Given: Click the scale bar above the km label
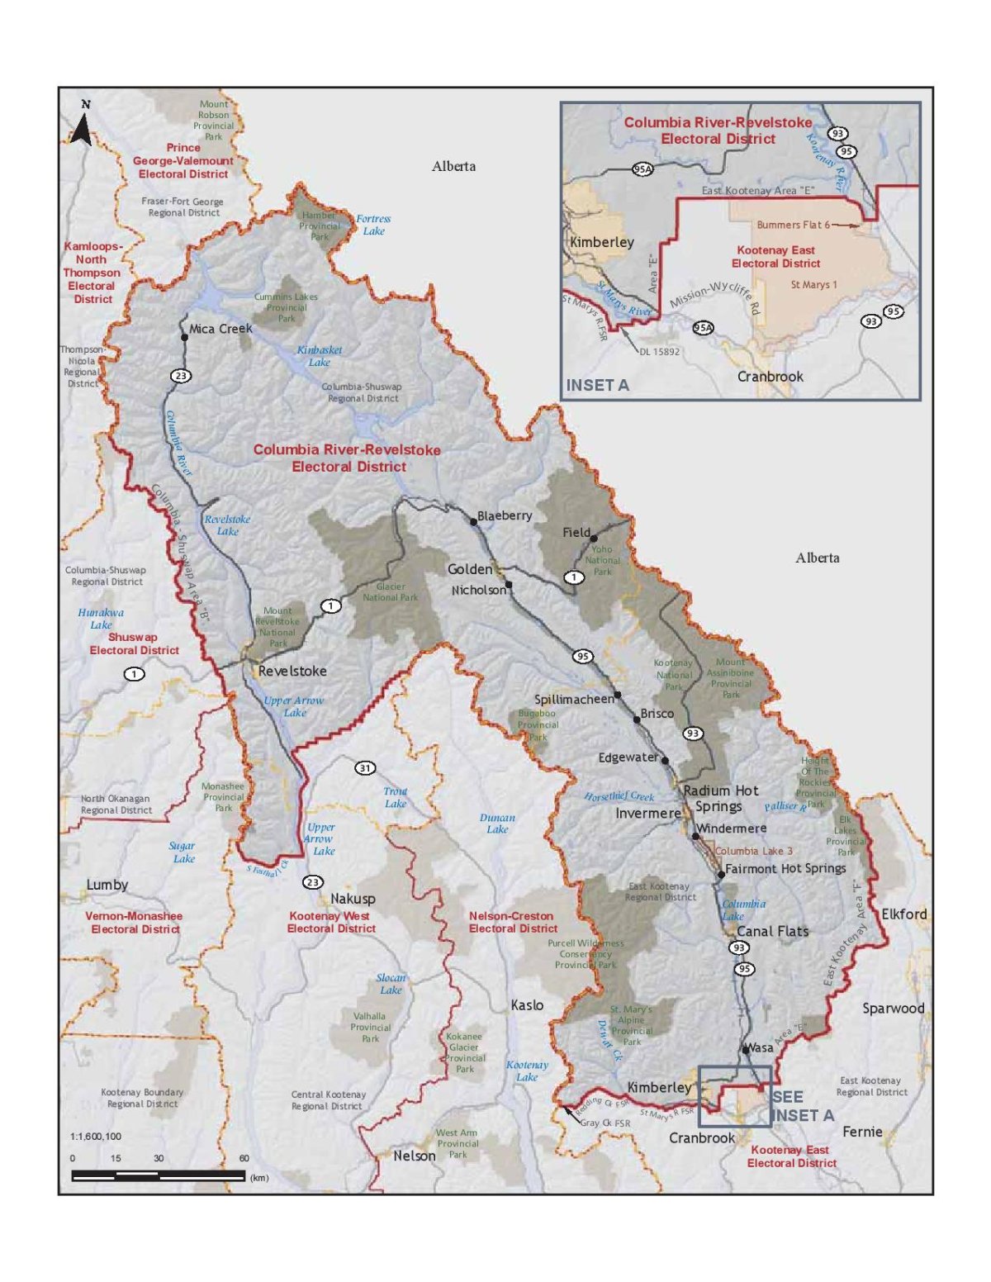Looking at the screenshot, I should (x=158, y=1175).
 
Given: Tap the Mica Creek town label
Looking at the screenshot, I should (x=220, y=329).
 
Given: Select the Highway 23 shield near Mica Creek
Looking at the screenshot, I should (x=181, y=376).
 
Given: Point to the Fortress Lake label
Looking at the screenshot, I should (x=373, y=225).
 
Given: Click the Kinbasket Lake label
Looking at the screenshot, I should (x=320, y=356).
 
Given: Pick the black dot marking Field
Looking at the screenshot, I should (x=594, y=539).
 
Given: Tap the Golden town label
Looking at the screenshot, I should (x=469, y=569).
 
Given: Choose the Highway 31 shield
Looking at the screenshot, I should (x=365, y=768).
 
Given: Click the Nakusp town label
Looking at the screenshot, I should (x=353, y=899).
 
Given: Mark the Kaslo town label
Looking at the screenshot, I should (x=527, y=1004).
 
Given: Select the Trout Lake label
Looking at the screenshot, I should (x=396, y=797).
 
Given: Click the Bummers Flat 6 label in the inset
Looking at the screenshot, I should (x=793, y=225).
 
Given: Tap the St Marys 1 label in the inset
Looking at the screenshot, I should (x=813, y=285).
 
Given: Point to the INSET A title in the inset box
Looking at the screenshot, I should (x=597, y=385).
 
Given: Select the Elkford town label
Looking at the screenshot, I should (x=904, y=914).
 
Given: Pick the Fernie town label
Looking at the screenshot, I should (x=862, y=1132).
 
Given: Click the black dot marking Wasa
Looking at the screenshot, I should (x=746, y=1050).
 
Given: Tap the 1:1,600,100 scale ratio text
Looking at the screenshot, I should (x=96, y=1137).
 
